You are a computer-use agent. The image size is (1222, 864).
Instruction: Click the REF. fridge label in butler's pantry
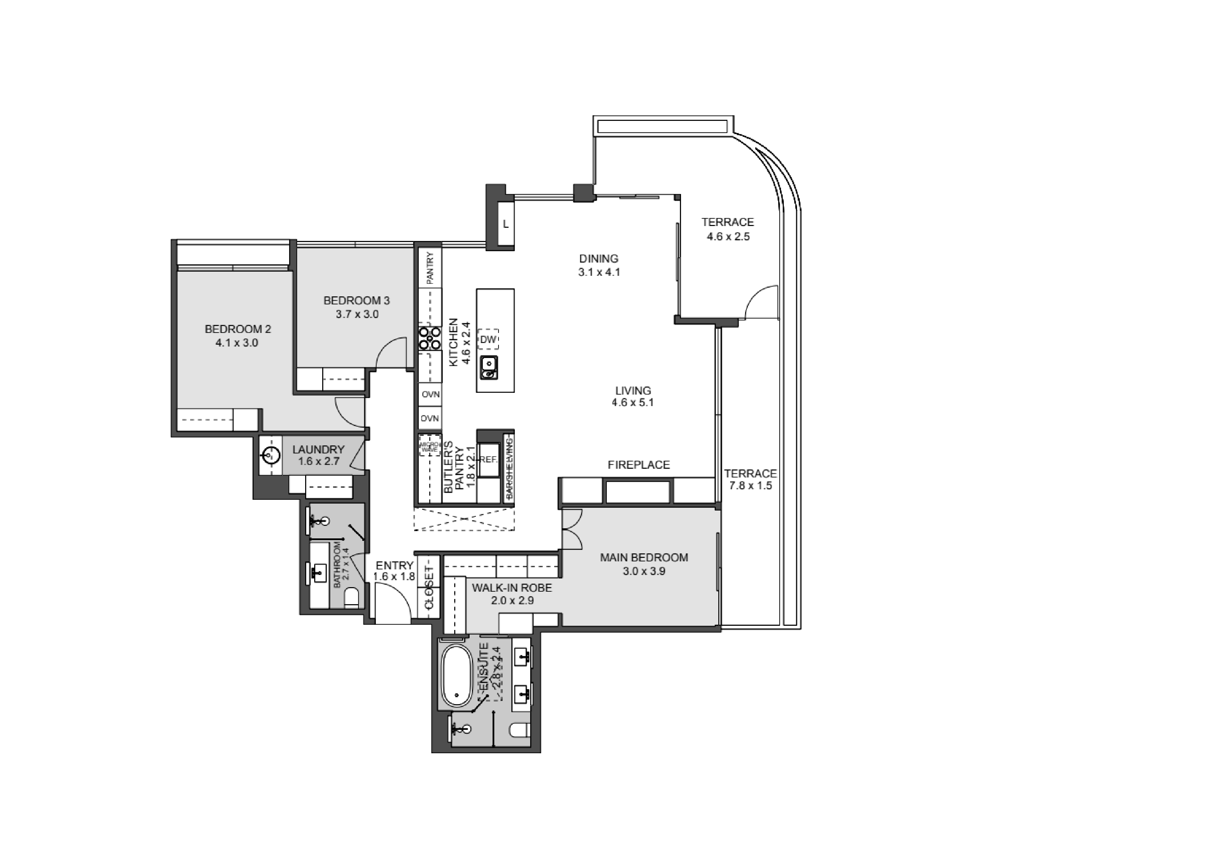(488, 459)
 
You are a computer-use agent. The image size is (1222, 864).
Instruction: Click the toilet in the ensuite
(519, 730)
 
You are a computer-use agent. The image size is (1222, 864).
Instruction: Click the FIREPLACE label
(638, 465)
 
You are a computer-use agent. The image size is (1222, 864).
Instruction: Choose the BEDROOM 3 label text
(357, 301)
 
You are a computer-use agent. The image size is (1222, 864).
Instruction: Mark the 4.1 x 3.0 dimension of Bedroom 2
(237, 343)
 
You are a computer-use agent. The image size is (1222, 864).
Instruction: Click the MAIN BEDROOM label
(644, 558)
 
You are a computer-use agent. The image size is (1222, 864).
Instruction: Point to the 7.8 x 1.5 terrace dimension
(750, 486)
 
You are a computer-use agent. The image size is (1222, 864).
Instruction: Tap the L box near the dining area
(505, 224)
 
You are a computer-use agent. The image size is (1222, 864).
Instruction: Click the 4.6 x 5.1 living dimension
(633, 403)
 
